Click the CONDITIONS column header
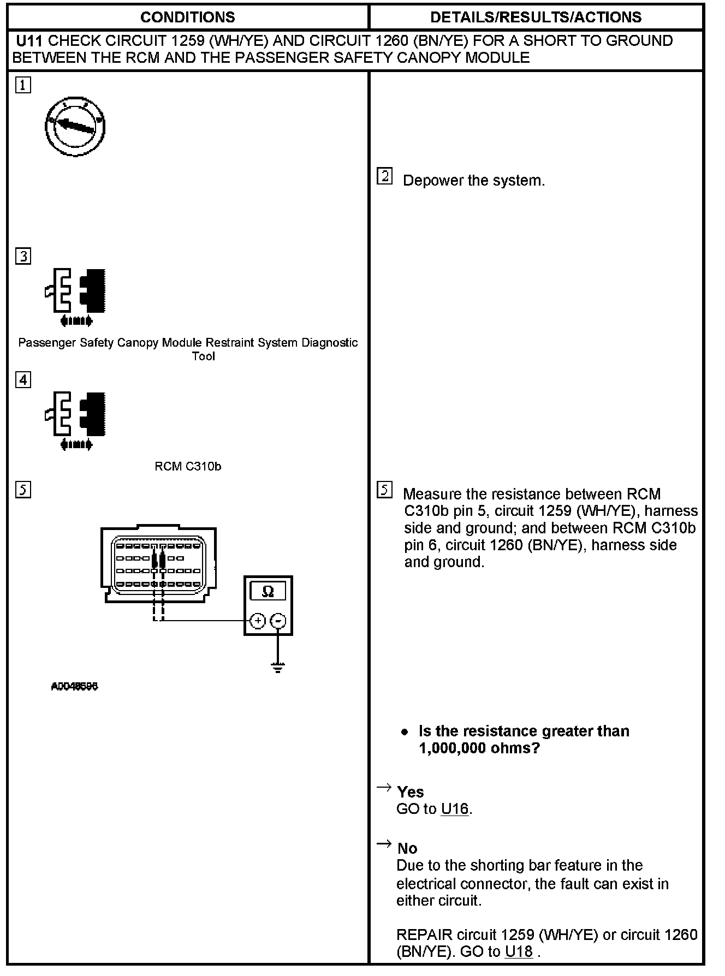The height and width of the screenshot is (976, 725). point(187,17)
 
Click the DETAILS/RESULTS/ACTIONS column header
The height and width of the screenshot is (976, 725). point(536,17)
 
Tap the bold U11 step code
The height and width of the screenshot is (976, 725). point(30,41)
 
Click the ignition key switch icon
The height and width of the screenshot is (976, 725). point(75,127)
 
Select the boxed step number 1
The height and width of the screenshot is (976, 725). point(23,86)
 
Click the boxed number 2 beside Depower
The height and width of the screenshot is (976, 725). point(385,176)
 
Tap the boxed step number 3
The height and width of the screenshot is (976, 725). point(23,256)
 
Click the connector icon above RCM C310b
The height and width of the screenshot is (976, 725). point(75,419)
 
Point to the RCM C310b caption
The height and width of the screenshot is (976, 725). point(188,467)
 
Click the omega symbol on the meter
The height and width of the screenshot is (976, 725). point(268,592)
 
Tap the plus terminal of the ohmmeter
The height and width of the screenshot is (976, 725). point(258,621)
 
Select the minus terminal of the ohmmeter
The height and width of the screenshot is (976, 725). point(278,621)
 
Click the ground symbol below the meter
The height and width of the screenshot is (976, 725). point(278,667)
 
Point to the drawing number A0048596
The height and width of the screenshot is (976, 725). point(74,687)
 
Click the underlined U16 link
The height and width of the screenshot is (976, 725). point(455,809)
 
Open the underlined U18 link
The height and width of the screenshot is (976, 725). point(519,951)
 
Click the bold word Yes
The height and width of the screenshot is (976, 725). point(411,792)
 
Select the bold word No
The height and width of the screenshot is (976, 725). point(407,848)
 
